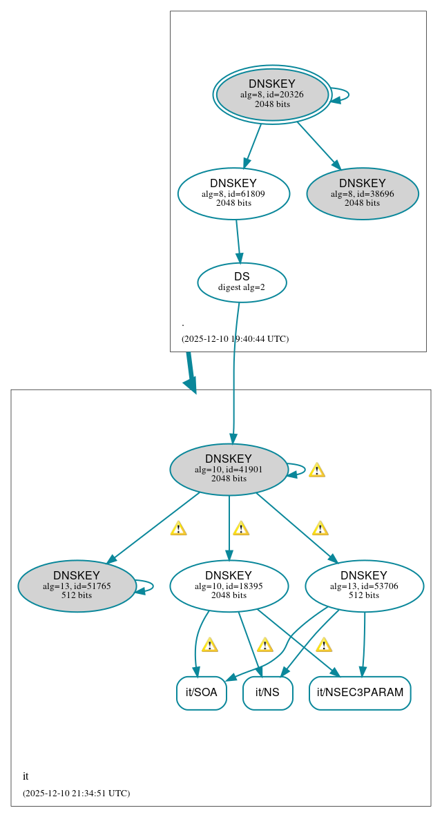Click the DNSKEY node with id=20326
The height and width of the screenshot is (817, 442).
click(x=272, y=95)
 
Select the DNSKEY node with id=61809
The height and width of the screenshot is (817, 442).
click(x=233, y=193)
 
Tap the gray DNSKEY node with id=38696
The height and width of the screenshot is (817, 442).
click(x=362, y=193)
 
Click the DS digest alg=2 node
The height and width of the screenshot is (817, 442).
click(x=242, y=282)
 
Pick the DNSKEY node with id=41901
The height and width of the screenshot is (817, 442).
click(x=229, y=469)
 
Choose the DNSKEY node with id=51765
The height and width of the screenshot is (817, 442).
click(x=77, y=586)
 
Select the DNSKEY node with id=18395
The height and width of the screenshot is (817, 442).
click(x=229, y=586)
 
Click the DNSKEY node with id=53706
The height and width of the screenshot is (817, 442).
click(x=364, y=586)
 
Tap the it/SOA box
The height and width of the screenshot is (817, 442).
click(x=202, y=693)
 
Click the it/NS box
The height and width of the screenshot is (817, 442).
click(x=267, y=693)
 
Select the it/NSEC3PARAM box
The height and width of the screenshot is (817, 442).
click(x=360, y=693)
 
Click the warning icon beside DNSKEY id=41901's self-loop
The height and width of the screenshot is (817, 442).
click(x=316, y=470)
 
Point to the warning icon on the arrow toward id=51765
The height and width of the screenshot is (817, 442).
click(x=178, y=528)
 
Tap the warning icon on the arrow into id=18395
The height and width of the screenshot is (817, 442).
click(x=240, y=528)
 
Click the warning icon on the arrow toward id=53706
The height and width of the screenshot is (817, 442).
click(x=320, y=528)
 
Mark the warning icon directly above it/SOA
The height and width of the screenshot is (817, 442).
click(x=209, y=645)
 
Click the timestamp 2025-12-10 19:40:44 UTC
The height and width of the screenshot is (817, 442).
click(x=235, y=339)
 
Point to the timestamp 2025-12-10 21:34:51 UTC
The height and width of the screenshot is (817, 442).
click(x=76, y=794)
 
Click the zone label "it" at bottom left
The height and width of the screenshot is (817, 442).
click(x=26, y=776)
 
